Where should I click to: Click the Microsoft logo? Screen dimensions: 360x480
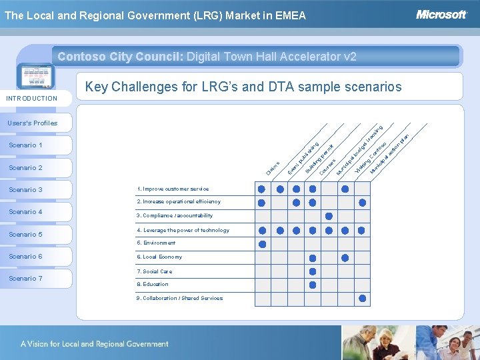tap(441, 15)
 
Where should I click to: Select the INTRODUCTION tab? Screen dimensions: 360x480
tap(32, 99)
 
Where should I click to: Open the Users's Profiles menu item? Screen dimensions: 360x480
tap(33, 123)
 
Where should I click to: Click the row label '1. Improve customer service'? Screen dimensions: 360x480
tap(173, 189)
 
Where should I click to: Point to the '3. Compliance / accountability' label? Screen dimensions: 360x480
tap(175, 216)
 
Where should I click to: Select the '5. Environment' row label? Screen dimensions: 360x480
tap(156, 243)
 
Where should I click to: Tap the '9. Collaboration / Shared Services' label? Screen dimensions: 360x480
tap(179, 299)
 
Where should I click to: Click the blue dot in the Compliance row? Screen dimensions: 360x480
tap(329, 216)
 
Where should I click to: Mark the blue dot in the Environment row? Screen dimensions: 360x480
tap(262, 244)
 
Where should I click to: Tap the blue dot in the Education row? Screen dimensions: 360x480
tap(312, 285)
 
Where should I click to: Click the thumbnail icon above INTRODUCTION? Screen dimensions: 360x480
tap(37, 77)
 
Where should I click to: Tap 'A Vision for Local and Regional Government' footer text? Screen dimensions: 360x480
tap(94, 344)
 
